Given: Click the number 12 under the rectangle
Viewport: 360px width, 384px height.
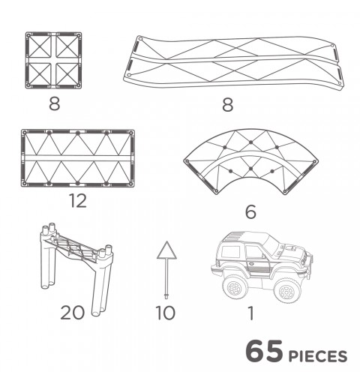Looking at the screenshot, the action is [x=78, y=201].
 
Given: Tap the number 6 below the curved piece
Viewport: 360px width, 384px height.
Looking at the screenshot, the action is [x=250, y=211].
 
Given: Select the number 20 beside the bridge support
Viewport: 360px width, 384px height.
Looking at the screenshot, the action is [x=72, y=313].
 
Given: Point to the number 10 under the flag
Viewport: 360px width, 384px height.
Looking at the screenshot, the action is [x=165, y=313].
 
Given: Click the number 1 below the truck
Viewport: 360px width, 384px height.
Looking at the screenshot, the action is [x=250, y=313].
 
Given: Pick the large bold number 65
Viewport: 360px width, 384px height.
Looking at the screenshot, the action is [x=264, y=351].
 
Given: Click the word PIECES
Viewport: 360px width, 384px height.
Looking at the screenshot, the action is [x=318, y=356].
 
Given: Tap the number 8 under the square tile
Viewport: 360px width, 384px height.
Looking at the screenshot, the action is [x=55, y=103].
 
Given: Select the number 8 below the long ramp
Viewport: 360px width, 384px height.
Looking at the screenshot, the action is [x=228, y=104].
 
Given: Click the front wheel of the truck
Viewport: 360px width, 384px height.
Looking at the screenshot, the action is [x=287, y=291].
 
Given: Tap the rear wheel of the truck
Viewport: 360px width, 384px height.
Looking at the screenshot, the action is [x=235, y=286].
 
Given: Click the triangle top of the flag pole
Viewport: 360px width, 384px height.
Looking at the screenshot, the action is [x=166, y=250].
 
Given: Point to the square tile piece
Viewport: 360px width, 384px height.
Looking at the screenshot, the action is [x=54, y=60].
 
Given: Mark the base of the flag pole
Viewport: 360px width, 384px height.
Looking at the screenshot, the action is [x=166, y=296].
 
